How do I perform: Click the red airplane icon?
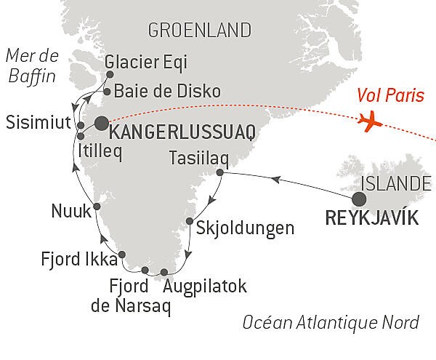pyautogui.click(x=371, y=121)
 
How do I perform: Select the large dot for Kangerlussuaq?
pyautogui.click(x=100, y=123)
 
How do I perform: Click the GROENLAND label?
pyautogui.click(x=199, y=30)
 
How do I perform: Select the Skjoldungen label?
pyautogui.click(x=245, y=228)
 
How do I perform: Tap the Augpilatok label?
pyautogui.click(x=206, y=286)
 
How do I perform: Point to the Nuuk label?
pyautogui.click(x=71, y=211)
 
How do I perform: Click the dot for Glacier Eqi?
pyautogui.click(x=110, y=73)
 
